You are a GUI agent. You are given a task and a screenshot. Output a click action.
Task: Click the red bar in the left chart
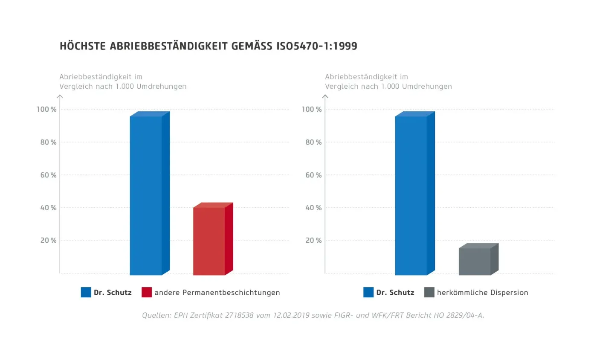click(x=209, y=241)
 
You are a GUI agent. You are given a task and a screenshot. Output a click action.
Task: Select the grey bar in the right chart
click(x=475, y=261)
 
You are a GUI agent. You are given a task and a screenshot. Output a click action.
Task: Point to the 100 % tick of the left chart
click(x=46, y=110)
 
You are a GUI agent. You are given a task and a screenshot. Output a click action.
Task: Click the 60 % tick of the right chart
click(x=313, y=175)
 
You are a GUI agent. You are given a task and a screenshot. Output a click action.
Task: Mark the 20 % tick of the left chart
click(x=48, y=241)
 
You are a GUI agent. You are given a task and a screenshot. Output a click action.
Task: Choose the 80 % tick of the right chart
click(x=313, y=142)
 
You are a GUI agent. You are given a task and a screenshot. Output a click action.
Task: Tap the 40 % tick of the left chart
click(x=48, y=208)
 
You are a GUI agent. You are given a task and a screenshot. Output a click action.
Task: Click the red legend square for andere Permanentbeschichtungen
click(x=147, y=292)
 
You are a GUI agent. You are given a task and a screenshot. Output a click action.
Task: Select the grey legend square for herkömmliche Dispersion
click(x=429, y=292)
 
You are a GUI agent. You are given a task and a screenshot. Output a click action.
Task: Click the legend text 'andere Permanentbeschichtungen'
click(x=217, y=293)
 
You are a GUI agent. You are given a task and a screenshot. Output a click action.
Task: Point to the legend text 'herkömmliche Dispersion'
click(x=482, y=293)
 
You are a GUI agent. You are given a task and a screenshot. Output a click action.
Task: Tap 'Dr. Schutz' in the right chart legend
click(x=395, y=293)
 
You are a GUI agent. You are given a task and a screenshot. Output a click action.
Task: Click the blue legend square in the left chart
click(x=86, y=292)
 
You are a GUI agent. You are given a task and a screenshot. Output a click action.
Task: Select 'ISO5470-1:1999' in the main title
click(x=317, y=46)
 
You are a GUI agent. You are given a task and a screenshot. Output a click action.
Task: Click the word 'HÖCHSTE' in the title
click(x=83, y=46)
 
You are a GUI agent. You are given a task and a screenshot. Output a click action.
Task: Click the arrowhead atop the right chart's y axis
click(x=325, y=96)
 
